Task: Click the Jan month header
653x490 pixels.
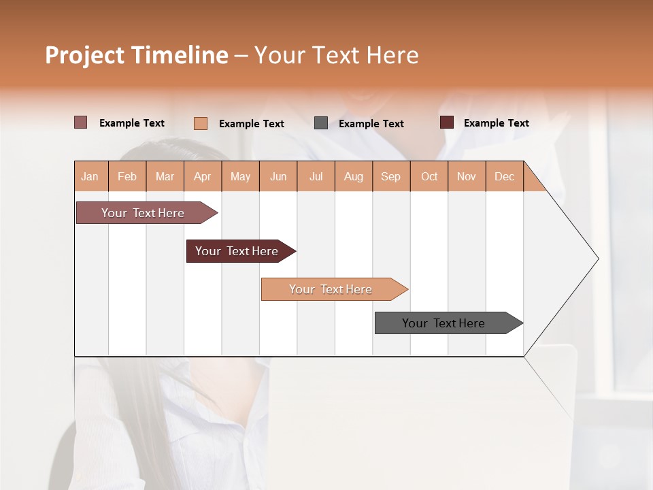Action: (x=90, y=176)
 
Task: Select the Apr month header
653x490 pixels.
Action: (x=203, y=176)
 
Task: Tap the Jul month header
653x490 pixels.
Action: (x=316, y=176)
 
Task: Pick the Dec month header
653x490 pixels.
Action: (x=504, y=176)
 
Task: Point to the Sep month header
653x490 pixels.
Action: (x=391, y=176)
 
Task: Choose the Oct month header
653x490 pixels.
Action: (x=429, y=176)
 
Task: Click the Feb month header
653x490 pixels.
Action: (x=127, y=176)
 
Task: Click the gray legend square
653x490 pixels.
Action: (x=321, y=123)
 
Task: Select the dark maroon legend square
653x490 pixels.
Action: (x=447, y=122)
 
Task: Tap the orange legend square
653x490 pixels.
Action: (x=201, y=123)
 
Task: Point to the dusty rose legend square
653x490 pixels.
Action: (x=80, y=122)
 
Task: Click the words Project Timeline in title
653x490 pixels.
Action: (x=137, y=55)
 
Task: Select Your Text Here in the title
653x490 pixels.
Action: (x=336, y=55)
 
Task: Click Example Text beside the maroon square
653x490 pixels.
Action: (x=496, y=123)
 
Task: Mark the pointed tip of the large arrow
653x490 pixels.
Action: (x=598, y=258)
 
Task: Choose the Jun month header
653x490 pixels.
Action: (x=278, y=176)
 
